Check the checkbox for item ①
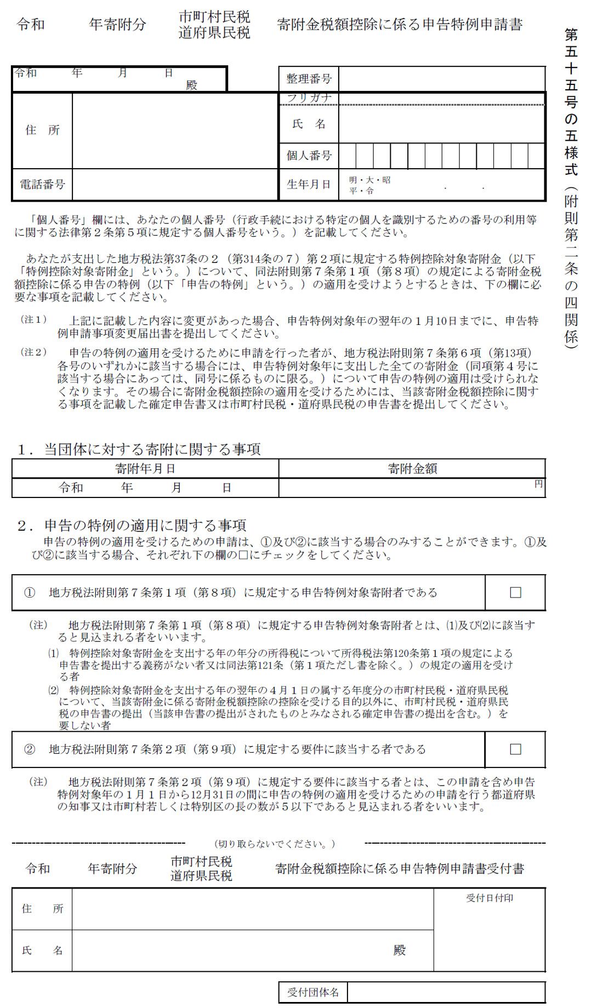coord(515,593)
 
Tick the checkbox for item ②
coord(515,749)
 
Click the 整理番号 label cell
coord(309,79)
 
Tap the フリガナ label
coord(309,98)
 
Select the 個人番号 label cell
coord(309,156)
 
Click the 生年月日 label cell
coord(309,185)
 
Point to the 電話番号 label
coord(42,185)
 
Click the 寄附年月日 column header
coord(145,469)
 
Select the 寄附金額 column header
coord(412,469)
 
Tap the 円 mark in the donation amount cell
coord(538,484)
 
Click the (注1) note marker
coord(34,320)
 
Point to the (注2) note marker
coord(34,352)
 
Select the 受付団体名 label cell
coord(313,992)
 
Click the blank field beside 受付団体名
coord(446,992)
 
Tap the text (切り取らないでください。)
coord(275,844)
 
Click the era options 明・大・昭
coord(370,180)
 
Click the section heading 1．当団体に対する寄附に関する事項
coord(139,450)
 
